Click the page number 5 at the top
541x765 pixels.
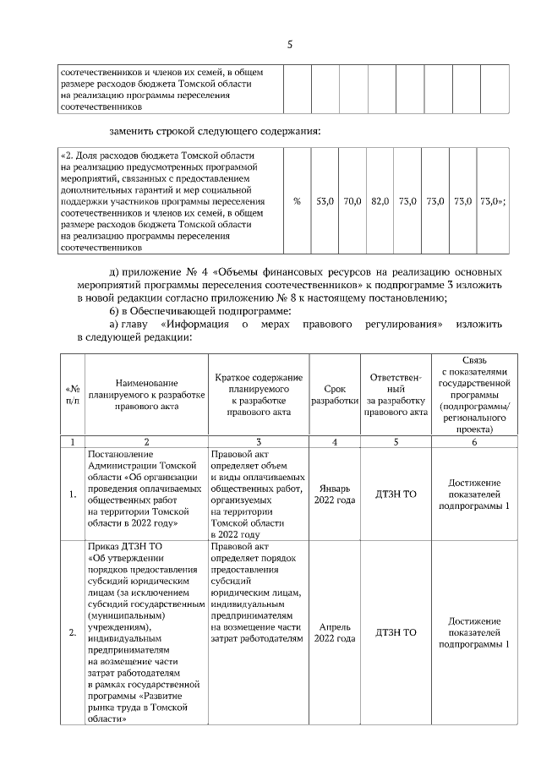[x=289, y=45]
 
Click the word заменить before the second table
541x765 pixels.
[x=132, y=132]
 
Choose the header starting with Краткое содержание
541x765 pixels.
[x=259, y=395]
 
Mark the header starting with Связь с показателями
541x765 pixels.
[x=473, y=395]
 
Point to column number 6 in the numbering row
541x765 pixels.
[x=473, y=441]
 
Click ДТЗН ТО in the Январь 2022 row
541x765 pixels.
[x=396, y=493]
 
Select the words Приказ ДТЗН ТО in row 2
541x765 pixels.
[x=123, y=546]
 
